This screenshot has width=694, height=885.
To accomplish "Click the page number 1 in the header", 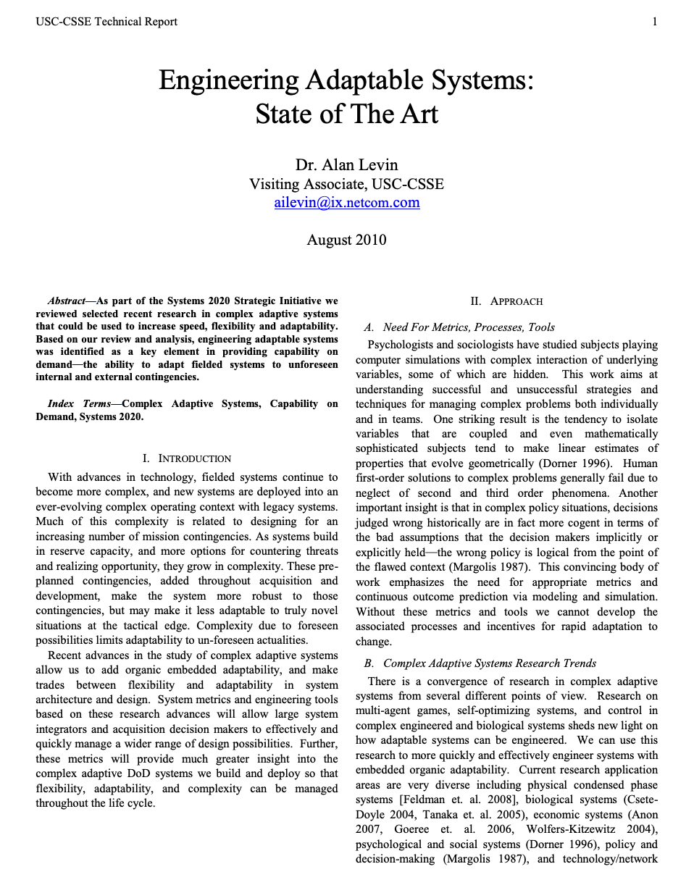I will click(x=655, y=22).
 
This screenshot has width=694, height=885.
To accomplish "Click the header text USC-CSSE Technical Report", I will click(x=106, y=22).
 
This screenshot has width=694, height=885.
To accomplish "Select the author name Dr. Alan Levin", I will click(x=346, y=164).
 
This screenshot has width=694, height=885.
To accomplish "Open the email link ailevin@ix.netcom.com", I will click(x=346, y=202).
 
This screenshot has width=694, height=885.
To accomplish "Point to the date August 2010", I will click(x=346, y=240).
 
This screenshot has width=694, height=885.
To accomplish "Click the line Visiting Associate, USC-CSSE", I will click(x=346, y=184).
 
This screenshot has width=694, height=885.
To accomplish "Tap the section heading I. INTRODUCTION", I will click(x=187, y=458).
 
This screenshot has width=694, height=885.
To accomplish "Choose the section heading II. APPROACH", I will click(x=506, y=301).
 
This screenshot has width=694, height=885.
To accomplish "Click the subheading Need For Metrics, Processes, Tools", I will click(x=469, y=327).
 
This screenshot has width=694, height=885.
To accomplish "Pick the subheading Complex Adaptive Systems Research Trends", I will click(x=490, y=663).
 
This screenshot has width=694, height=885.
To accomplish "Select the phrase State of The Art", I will click(x=346, y=114).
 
